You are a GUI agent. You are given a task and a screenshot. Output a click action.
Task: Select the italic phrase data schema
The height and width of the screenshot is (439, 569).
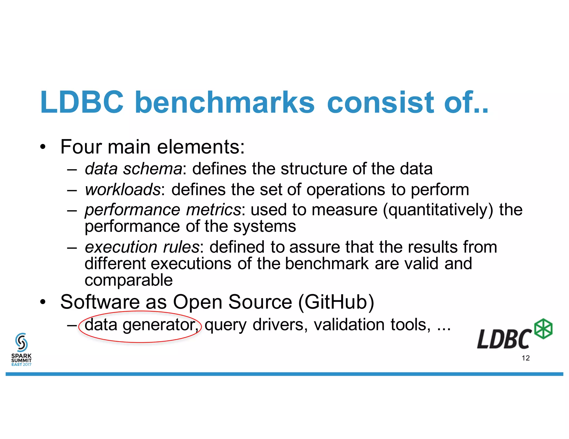click(133, 169)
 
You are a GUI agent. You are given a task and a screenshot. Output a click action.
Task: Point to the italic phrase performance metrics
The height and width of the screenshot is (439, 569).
click(163, 210)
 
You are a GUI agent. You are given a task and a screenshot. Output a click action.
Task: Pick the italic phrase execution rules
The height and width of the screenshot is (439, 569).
click(142, 247)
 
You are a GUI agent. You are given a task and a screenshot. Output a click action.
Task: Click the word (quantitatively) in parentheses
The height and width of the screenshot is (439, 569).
click(438, 210)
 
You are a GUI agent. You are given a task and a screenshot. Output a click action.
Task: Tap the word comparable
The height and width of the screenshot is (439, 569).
click(129, 280)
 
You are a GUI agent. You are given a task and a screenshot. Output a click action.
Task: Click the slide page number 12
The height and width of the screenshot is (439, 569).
click(526, 358)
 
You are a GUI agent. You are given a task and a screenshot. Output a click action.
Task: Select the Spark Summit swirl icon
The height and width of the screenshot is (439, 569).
click(21, 342)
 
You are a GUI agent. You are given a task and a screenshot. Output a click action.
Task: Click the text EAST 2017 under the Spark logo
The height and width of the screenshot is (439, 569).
click(21, 365)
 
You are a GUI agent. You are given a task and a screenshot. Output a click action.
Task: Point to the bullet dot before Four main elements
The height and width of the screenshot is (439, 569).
click(42, 147)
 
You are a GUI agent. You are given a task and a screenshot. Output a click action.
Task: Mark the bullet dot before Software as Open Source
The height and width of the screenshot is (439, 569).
click(42, 302)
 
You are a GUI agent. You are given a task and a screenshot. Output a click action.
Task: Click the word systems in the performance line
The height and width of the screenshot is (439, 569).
click(264, 226)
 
